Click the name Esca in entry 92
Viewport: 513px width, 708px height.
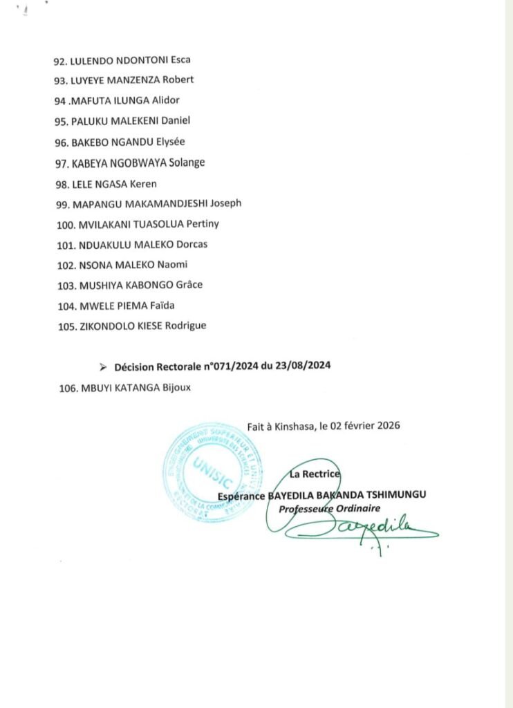(x=180, y=59)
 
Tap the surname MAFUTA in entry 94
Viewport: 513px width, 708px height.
(x=91, y=100)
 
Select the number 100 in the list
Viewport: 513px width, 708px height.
(x=67, y=224)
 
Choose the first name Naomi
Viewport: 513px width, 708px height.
(x=174, y=265)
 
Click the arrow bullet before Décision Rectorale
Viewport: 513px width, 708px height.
(x=104, y=367)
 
